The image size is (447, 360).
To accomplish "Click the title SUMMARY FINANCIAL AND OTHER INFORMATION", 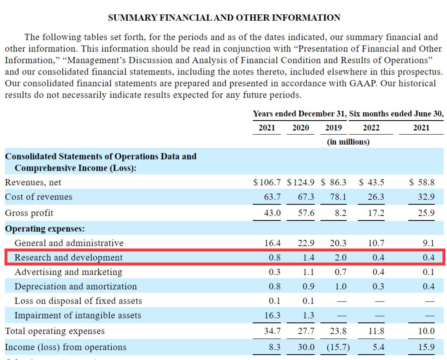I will click(x=224, y=18).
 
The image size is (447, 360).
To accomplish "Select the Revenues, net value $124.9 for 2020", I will click(x=300, y=182).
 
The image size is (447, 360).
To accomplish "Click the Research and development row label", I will click(x=68, y=257).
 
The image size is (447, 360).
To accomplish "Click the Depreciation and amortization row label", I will click(x=75, y=286).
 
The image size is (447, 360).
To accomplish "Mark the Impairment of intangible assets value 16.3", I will click(x=273, y=315).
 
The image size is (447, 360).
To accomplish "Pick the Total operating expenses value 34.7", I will click(x=273, y=331).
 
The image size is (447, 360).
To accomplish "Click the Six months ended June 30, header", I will click(x=397, y=113).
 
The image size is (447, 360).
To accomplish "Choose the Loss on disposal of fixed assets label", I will click(x=78, y=301).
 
